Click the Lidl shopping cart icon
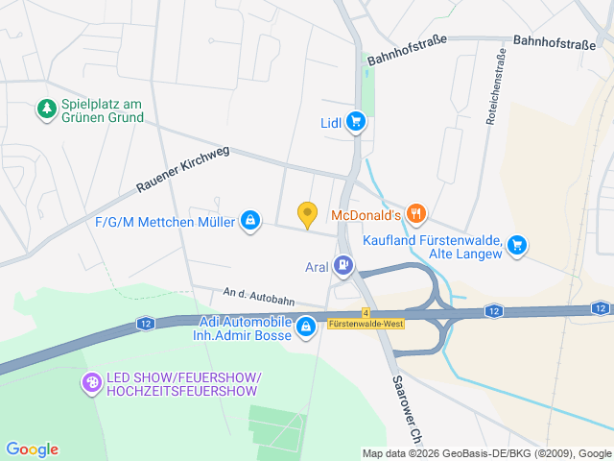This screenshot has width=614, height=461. coord(357,121)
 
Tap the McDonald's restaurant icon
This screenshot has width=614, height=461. coord(415,213)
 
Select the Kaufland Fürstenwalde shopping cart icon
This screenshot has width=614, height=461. coord(517,245)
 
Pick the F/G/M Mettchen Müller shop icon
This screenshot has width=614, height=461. coord(250,222)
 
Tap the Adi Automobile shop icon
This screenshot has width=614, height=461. coord(306,328)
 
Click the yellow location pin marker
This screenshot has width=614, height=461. coord(307,214)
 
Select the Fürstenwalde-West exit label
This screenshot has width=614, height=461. coord(366,325)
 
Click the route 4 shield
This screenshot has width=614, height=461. coord(366,312)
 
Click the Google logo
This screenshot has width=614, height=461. coord(32,449)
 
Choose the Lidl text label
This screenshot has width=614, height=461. coord(332,122)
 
